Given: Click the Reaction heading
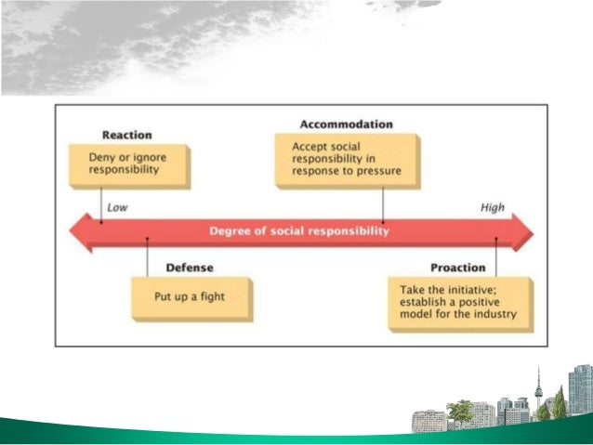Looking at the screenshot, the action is point(125,135).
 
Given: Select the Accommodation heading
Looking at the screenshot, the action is point(346,124).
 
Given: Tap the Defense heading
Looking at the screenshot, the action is point(190,268).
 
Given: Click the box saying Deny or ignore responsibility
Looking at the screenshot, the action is point(130,164).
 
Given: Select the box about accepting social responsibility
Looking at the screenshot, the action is point(346,159).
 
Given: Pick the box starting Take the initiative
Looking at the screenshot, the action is point(459,302).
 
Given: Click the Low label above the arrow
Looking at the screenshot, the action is point(117,208).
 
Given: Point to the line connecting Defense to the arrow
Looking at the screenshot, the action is point(147,256).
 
